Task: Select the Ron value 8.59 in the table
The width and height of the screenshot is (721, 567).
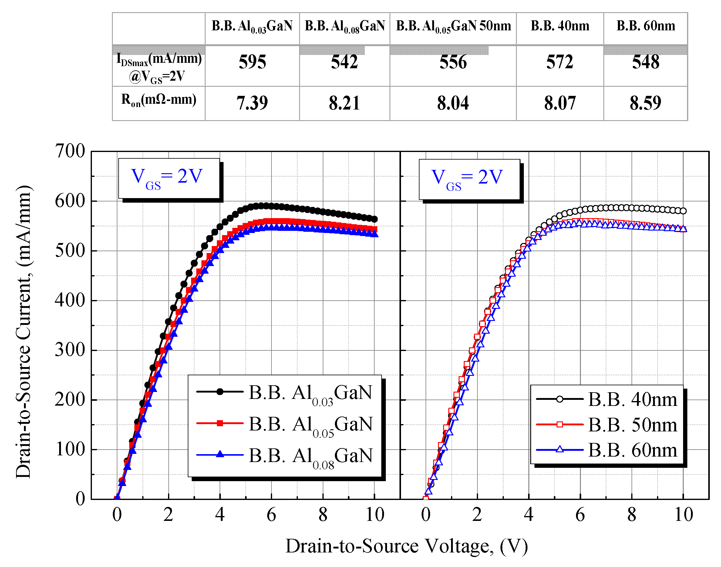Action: pos(645,103)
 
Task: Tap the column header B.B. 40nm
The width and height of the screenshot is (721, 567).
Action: pos(560,26)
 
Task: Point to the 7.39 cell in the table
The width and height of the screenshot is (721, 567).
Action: pos(252,103)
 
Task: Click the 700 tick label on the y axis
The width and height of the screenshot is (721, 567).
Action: pos(70,151)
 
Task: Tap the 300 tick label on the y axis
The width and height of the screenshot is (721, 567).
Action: pos(70,350)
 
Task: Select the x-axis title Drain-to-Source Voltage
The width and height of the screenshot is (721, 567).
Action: pos(406,546)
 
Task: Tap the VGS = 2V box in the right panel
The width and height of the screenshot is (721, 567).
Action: pos(469,179)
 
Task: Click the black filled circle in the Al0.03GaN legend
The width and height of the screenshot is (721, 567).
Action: pos(220,392)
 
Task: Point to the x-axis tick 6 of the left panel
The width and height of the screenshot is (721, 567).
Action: pos(271,515)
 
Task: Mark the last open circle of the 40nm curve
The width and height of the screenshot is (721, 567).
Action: pos(683,211)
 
